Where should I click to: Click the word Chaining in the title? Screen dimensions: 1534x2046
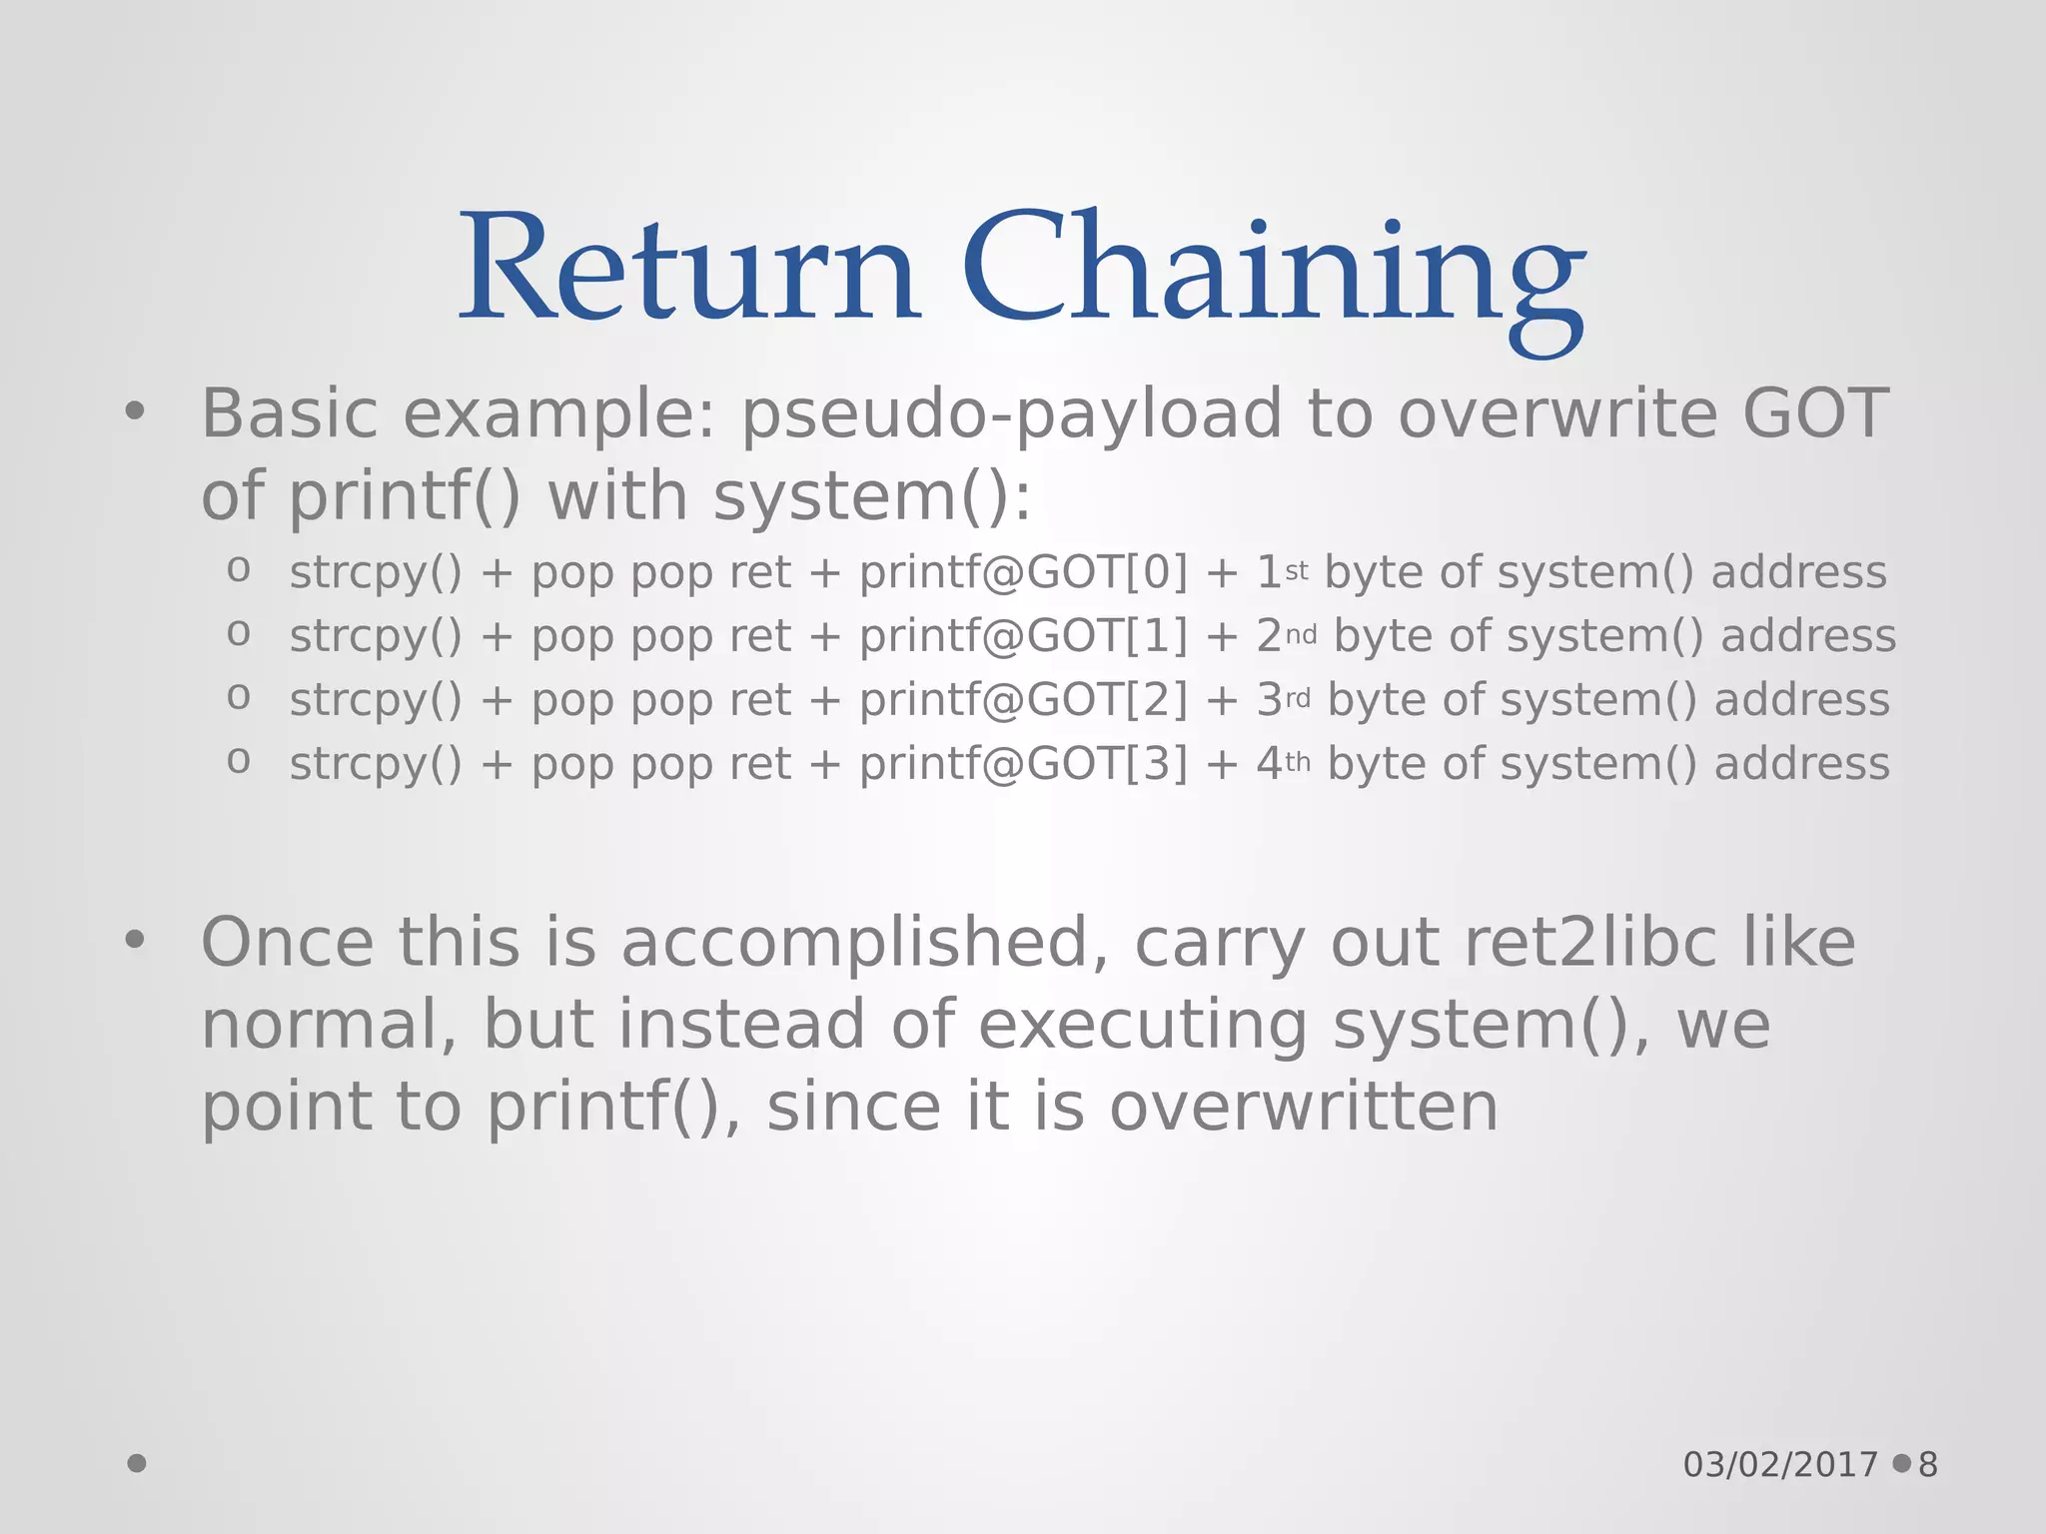pos(1273,275)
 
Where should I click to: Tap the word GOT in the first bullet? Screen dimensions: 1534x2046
pos(1815,414)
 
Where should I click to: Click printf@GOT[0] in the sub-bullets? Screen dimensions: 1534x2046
pos(1023,573)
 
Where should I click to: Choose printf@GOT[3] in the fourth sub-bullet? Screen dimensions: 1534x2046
pos(1023,765)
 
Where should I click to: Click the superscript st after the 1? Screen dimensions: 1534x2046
pos(1296,571)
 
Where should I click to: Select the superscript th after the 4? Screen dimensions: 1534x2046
pos(1297,763)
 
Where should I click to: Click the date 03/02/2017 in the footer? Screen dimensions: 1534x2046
pos(1780,1465)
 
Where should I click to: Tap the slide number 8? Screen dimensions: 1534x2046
pos(1928,1465)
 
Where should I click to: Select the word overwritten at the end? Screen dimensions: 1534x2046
pos(1303,1107)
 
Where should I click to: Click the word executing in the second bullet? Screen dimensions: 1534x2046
pos(1142,1027)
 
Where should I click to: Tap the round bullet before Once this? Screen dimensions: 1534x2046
pos(135,939)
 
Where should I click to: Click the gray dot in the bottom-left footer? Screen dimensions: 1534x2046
pos(137,1463)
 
